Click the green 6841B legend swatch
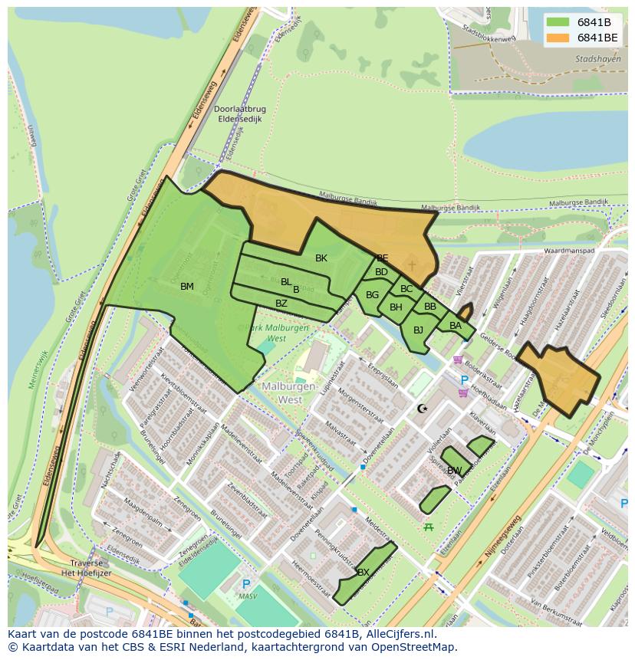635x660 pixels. (x=558, y=22)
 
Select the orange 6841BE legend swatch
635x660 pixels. (x=558, y=38)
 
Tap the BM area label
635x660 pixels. (x=187, y=287)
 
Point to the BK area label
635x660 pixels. (x=321, y=258)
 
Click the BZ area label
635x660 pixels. (x=281, y=304)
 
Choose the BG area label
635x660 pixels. (x=372, y=295)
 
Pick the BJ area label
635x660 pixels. (x=418, y=330)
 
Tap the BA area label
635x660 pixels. (x=456, y=326)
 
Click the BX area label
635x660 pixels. (x=364, y=573)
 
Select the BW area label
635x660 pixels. (x=454, y=470)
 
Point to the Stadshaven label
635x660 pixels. (x=598, y=59)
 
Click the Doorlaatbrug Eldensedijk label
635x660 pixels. (x=239, y=114)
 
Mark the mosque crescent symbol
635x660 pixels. (x=422, y=409)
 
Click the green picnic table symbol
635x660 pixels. (x=429, y=527)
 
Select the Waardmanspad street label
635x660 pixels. (x=569, y=251)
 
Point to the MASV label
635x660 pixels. (x=246, y=596)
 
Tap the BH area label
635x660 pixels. (x=396, y=307)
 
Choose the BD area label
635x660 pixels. (x=381, y=272)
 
